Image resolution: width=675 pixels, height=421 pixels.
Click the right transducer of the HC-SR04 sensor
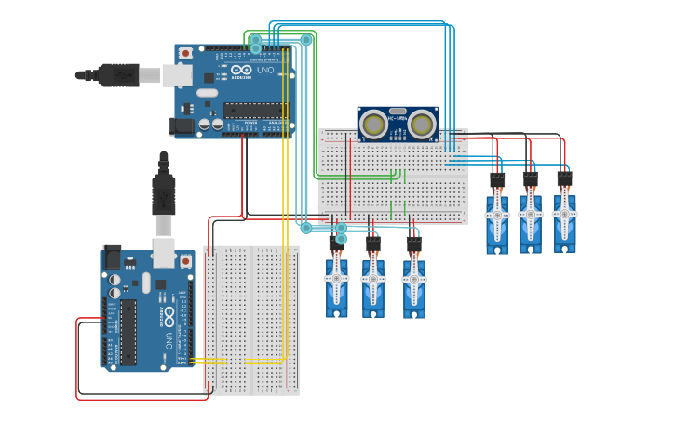pos(422,124)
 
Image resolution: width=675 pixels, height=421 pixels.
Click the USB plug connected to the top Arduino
pos(119,74)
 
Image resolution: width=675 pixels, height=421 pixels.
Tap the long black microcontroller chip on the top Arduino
pos(255,110)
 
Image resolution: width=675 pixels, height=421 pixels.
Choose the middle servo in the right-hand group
pos(530,219)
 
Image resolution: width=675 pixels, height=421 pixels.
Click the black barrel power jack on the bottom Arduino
pos(111,257)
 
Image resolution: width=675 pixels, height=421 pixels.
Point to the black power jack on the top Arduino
pos(182,125)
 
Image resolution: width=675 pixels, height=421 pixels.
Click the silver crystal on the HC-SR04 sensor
pos(398,111)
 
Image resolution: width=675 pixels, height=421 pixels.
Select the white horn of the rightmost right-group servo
pos(564,212)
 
